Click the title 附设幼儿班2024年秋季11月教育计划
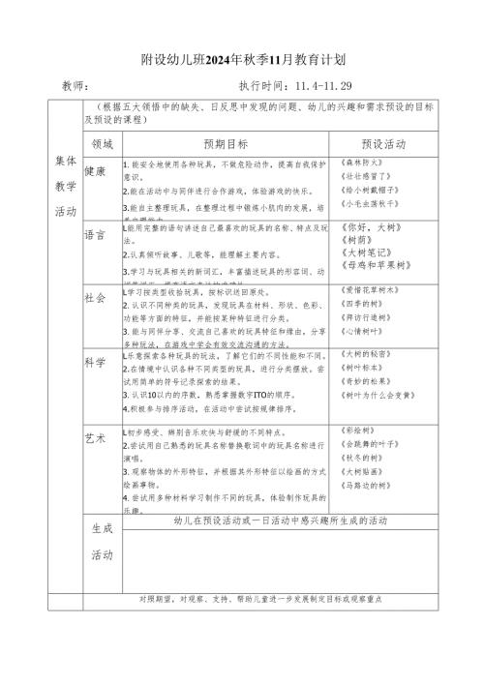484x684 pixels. click(x=241, y=54)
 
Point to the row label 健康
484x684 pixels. click(x=96, y=171)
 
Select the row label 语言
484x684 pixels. click(x=96, y=233)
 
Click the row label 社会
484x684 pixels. click(x=96, y=297)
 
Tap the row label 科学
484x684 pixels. click(x=96, y=362)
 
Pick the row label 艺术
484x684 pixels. click(x=96, y=438)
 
